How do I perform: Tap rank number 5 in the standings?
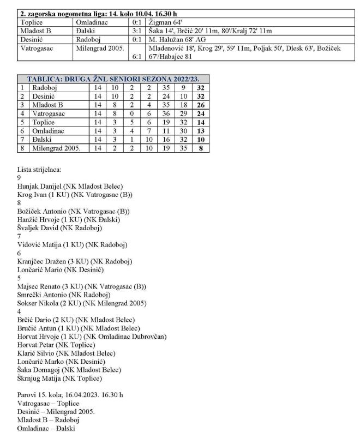click(22, 122)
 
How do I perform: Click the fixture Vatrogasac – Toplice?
click(46, 403)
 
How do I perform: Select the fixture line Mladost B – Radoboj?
click(49, 420)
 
